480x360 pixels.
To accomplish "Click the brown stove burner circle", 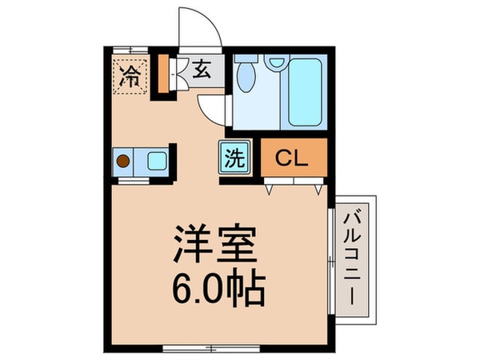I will tap(122, 162).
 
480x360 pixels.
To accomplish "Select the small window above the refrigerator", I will tap(130, 50).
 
